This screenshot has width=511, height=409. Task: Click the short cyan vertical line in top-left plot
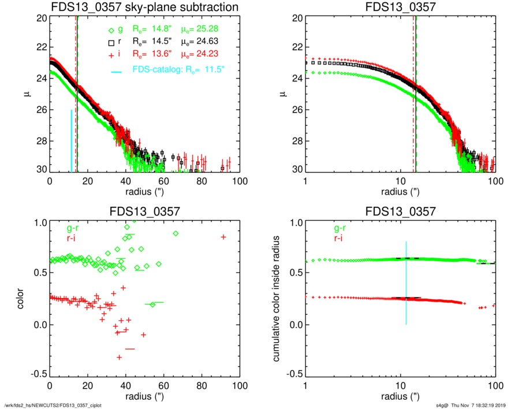coord(72,140)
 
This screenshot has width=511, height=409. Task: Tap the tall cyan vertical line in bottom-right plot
coord(406,283)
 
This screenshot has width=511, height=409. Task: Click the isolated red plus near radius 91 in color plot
coord(223,237)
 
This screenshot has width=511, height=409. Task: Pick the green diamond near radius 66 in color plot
coord(176,233)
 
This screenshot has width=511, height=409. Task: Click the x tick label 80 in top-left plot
coord(202,181)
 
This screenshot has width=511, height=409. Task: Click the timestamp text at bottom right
coord(468,404)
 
